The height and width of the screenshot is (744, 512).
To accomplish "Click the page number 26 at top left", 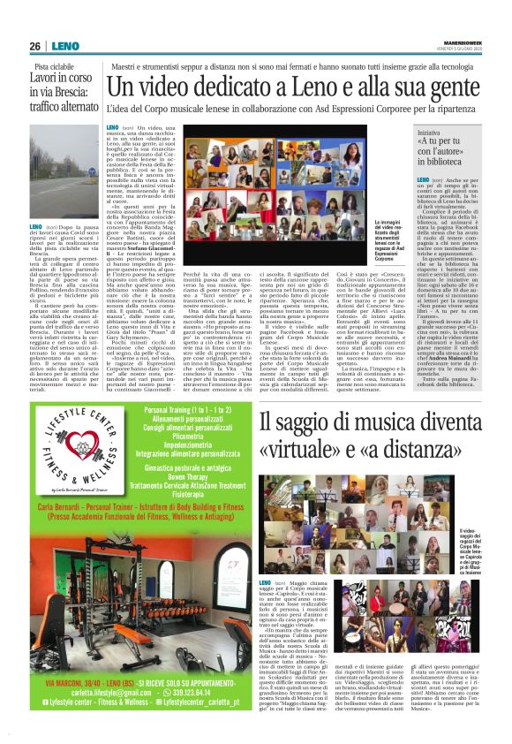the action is coord(37,46).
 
